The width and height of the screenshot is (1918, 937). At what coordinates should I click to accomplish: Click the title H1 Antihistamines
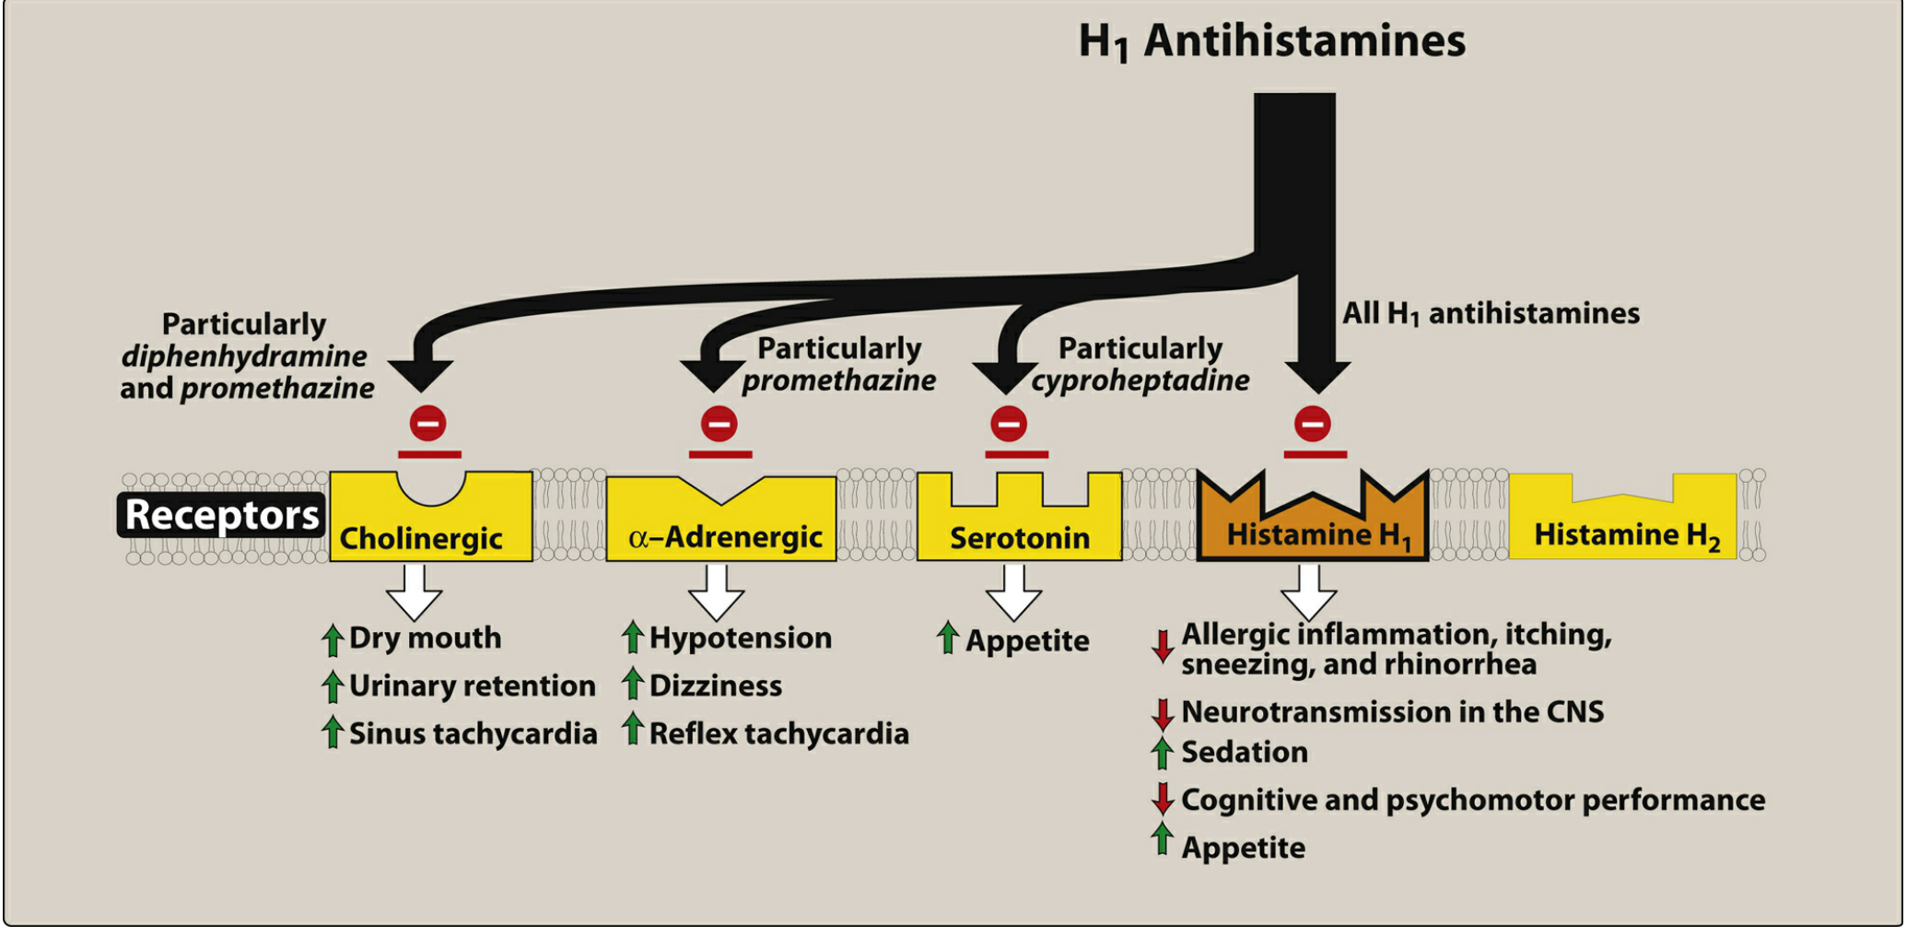coord(1271,41)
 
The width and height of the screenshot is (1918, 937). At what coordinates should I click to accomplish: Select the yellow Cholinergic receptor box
coord(430,530)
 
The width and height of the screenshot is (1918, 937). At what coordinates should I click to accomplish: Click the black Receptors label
coord(221,514)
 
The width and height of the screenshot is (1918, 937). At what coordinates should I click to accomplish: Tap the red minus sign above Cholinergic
coord(428,424)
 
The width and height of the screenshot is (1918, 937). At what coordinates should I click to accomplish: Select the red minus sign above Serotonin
coord(1009,424)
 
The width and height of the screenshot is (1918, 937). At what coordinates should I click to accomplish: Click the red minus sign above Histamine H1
coord(1313,424)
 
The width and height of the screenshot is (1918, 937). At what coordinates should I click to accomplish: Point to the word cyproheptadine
coord(1140,381)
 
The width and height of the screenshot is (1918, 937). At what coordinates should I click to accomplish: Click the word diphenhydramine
coord(244,357)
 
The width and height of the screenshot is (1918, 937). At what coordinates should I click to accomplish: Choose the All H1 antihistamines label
coord(1491,313)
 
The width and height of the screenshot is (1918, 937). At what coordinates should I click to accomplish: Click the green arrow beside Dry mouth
coord(333,639)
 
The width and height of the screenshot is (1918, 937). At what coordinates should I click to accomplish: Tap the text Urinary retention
coord(472,685)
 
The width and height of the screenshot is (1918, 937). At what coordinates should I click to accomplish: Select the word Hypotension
coord(741,638)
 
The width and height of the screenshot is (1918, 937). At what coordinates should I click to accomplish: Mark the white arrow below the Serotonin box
coord(1014,591)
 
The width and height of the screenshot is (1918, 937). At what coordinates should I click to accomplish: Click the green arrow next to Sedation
coord(1163,752)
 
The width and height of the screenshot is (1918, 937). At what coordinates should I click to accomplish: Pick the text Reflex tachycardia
coord(778,733)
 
